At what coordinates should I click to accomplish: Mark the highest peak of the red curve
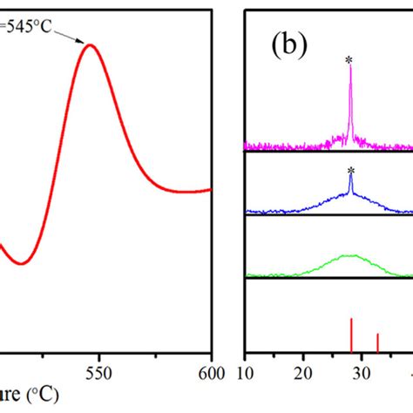[91, 44]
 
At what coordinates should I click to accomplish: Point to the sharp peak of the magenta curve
[350, 70]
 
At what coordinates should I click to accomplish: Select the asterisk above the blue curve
[350, 171]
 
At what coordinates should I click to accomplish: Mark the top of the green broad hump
[350, 255]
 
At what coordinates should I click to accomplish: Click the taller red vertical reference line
[351, 335]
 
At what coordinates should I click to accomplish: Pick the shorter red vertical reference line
[377, 342]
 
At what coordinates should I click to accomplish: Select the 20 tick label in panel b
[302, 369]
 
